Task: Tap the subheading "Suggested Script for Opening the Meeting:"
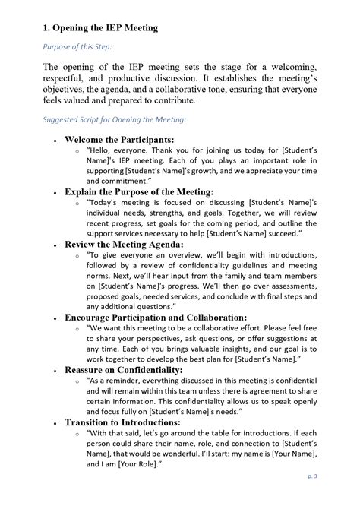[x=115, y=119]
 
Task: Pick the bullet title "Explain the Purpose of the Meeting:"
[x=139, y=193]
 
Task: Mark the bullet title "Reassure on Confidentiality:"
[x=126, y=369]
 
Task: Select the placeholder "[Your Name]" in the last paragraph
[x=301, y=454]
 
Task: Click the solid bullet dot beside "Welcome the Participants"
[x=55, y=141]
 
